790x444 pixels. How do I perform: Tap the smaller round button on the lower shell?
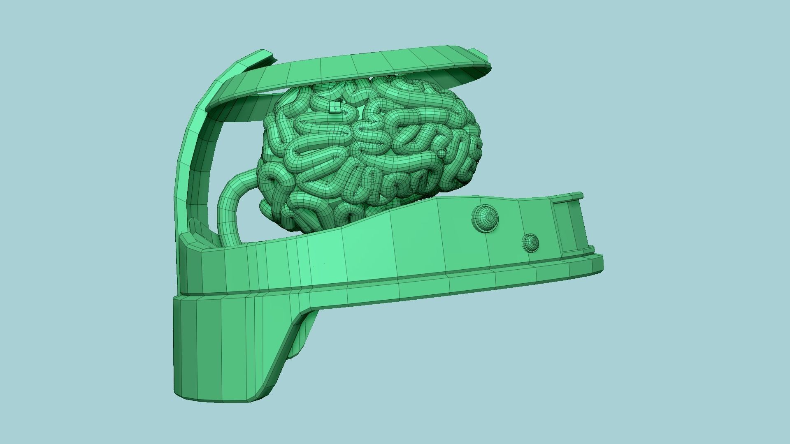[530, 243]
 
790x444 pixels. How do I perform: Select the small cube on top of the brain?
[335, 108]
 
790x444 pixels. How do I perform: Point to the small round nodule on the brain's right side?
[441, 154]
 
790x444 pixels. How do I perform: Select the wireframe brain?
[370, 152]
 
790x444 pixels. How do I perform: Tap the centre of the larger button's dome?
[488, 217]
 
